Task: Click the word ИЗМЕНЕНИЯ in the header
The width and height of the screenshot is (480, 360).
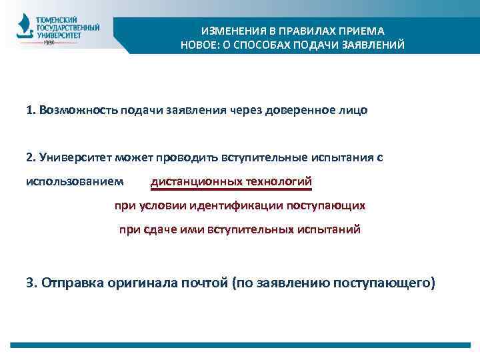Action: tap(227, 31)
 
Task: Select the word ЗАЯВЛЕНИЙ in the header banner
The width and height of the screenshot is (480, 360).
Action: tap(373, 45)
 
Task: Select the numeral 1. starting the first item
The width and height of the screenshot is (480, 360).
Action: tap(31, 109)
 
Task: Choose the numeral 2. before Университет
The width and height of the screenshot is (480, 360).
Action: tap(31, 157)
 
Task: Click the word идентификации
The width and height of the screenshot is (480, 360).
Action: tap(237, 205)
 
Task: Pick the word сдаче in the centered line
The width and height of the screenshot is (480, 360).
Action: tap(158, 229)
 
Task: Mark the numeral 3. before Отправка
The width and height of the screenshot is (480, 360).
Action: tap(31, 283)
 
